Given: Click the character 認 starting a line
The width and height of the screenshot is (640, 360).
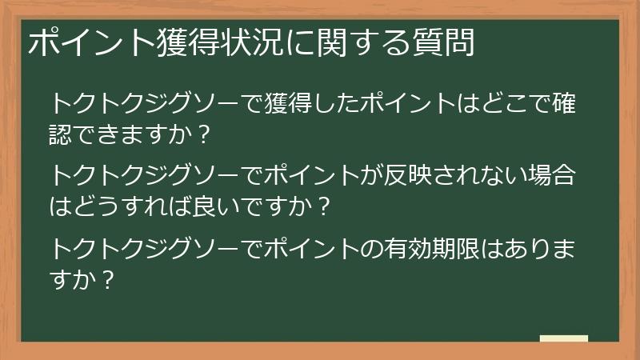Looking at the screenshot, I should click(62, 134).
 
